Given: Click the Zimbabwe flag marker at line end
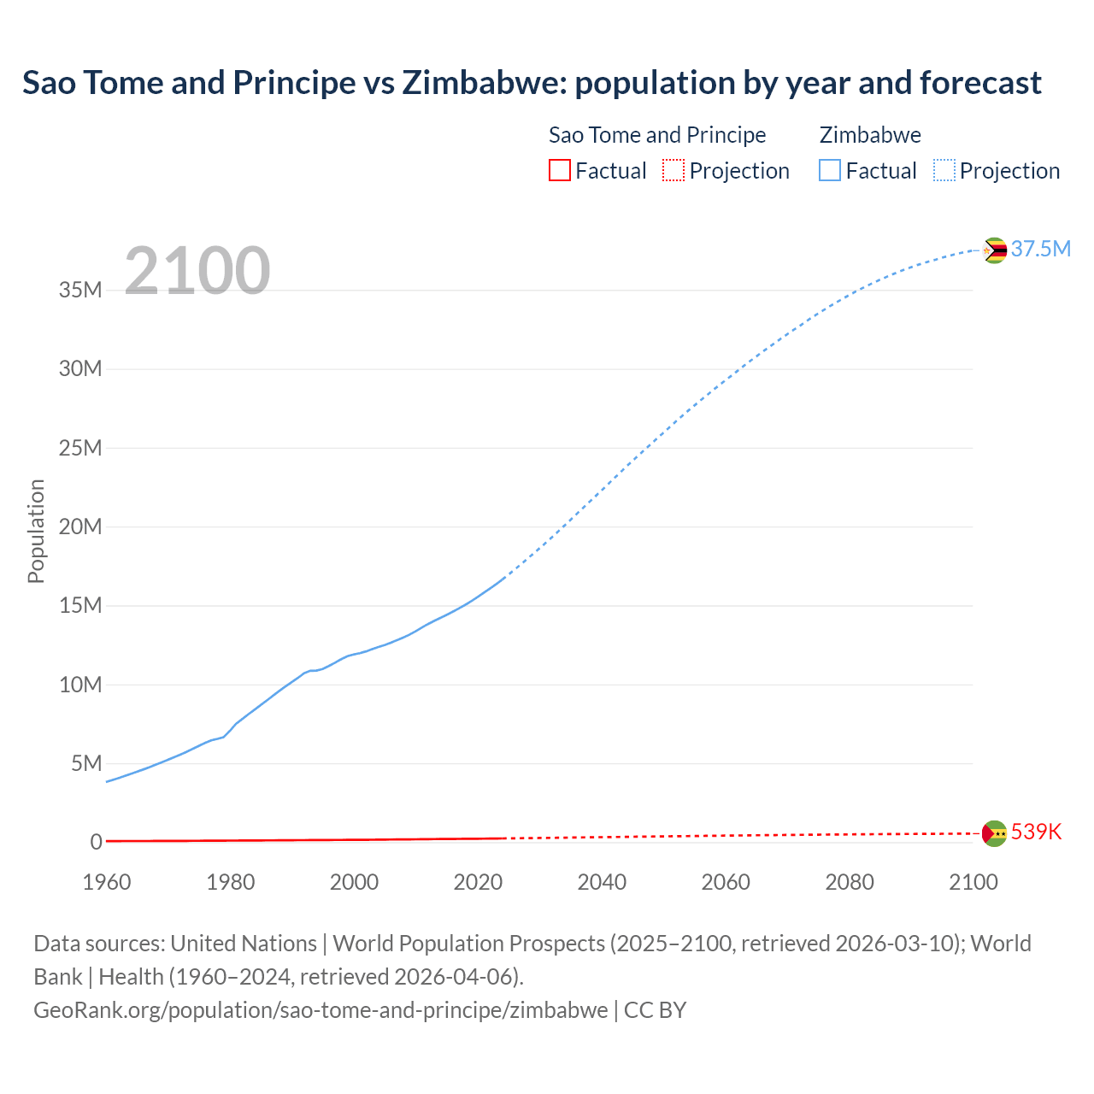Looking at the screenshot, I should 994,250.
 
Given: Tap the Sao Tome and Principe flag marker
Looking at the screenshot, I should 994,833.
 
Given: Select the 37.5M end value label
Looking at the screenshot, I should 1040,249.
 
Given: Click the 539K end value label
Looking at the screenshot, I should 1036,832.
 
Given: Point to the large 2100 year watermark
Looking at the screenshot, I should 197,271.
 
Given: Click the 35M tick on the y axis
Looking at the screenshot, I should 80,291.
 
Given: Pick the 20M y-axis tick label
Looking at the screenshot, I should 80,526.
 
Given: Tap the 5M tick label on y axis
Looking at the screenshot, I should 86,763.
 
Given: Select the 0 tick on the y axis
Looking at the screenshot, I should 96,842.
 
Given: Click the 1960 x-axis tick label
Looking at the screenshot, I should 107,882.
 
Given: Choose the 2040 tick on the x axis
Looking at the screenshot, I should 602,882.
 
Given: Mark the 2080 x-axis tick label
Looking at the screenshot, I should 850,882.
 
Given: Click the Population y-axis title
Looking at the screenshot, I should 36,531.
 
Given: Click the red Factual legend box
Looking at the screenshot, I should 560,170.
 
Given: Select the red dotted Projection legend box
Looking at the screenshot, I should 673,170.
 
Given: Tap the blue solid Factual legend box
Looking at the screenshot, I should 830,170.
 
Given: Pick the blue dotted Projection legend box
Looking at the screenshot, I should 944,170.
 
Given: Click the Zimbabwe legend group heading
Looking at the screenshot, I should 870,135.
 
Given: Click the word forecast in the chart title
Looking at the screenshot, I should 980,83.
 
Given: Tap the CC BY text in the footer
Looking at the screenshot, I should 655,1010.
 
